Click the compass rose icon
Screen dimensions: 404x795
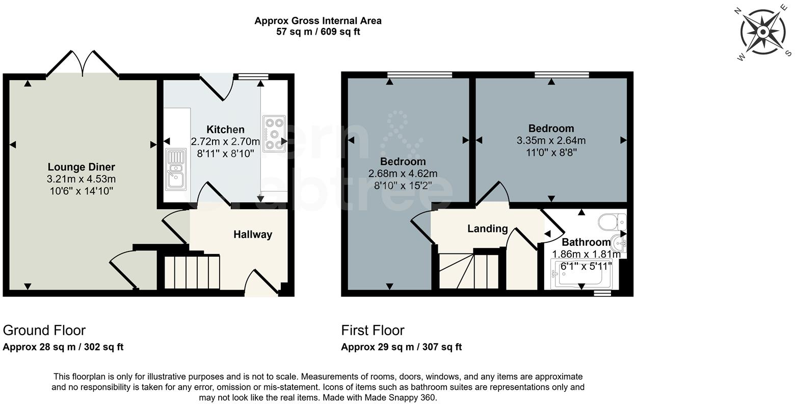763,33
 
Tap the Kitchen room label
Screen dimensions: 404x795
225,130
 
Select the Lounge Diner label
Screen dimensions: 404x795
82,167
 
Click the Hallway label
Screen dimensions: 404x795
253,235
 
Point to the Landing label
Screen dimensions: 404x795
488,229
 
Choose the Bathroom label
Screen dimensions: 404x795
586,242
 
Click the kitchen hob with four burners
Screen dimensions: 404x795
275,134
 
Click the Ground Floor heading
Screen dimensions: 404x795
44,331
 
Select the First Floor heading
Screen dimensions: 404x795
373,331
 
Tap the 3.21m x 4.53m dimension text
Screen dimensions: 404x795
82,179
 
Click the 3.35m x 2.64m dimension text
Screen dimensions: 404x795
551,141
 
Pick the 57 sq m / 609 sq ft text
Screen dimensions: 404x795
318,32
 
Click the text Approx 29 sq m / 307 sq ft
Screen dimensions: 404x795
401,347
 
